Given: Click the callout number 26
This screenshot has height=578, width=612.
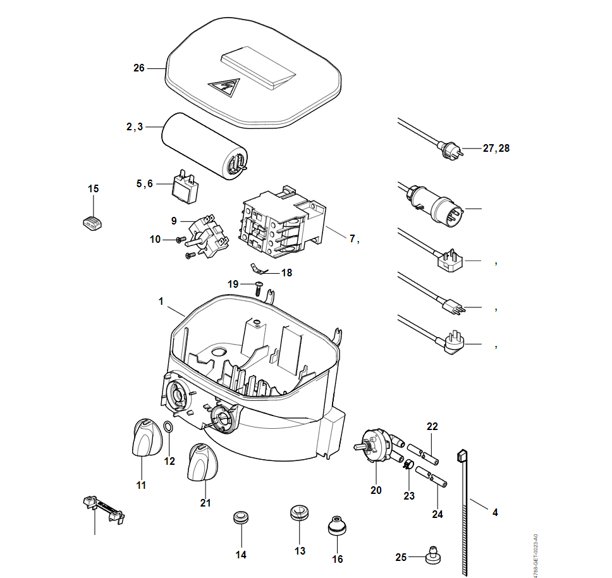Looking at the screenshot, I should point(139,68).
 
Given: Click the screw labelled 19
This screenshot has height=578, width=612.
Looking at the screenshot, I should point(259,288).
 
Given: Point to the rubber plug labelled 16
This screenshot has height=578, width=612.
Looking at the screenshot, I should point(338,526).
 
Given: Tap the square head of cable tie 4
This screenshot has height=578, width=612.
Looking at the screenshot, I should point(462,455).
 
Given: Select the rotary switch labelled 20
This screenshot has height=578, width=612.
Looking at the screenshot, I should point(377,443).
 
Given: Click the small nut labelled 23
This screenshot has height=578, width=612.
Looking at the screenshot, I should point(408,467).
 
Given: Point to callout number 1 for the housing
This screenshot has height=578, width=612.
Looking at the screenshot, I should point(161,302).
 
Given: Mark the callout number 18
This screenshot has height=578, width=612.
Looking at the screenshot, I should point(287,273).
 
